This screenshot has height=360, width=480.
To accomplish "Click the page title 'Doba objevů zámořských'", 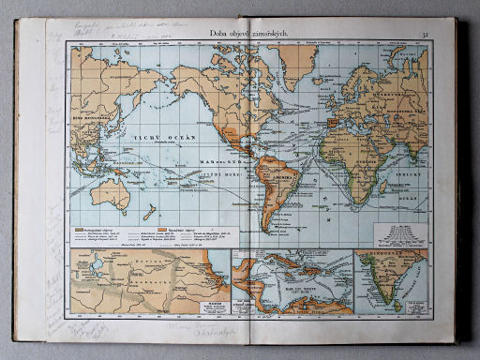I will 246,35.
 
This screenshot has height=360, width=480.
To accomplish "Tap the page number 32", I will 426,36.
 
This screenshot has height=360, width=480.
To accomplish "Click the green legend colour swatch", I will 79,228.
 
